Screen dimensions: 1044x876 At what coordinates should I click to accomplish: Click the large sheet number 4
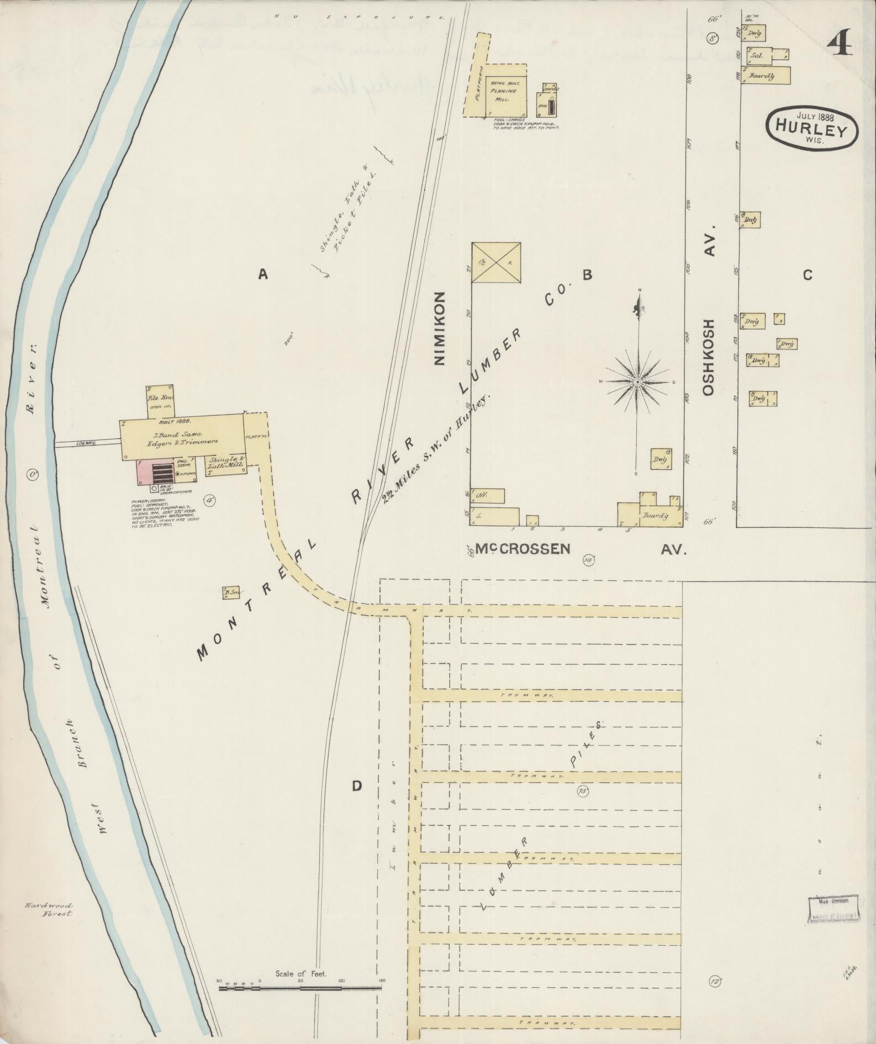point(839,41)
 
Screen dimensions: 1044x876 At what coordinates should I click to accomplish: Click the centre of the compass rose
point(637,381)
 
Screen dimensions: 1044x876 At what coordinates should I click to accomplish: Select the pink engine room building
point(156,473)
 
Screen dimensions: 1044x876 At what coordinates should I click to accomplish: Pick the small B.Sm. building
point(231,593)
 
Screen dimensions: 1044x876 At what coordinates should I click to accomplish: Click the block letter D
point(357,786)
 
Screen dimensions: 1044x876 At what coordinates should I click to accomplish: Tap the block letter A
point(263,274)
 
